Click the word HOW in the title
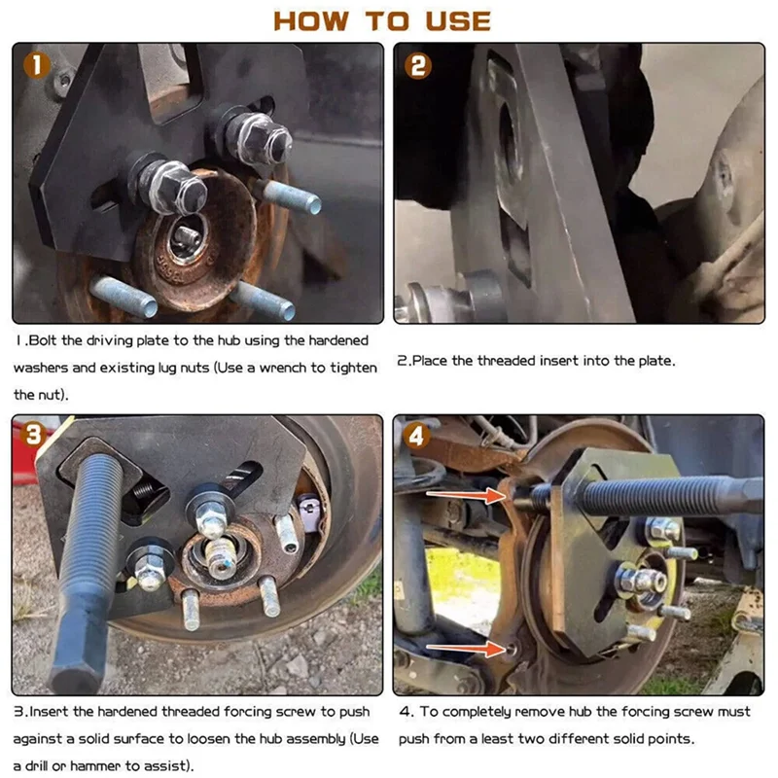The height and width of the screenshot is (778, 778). pyautogui.click(x=311, y=21)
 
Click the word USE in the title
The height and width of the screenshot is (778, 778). pyautogui.click(x=458, y=21)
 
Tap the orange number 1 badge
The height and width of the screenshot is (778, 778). pyautogui.click(x=37, y=65)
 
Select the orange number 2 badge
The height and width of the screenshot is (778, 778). pyautogui.click(x=418, y=66)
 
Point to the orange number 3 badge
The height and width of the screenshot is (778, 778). pyautogui.click(x=33, y=434)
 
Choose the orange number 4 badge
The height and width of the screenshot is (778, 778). pyautogui.click(x=416, y=436)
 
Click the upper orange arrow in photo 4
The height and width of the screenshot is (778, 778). pyautogui.click(x=465, y=495)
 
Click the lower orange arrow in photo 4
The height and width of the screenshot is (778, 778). pyautogui.click(x=465, y=648)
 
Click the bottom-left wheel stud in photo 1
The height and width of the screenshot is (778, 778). pyautogui.click(x=124, y=297)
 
